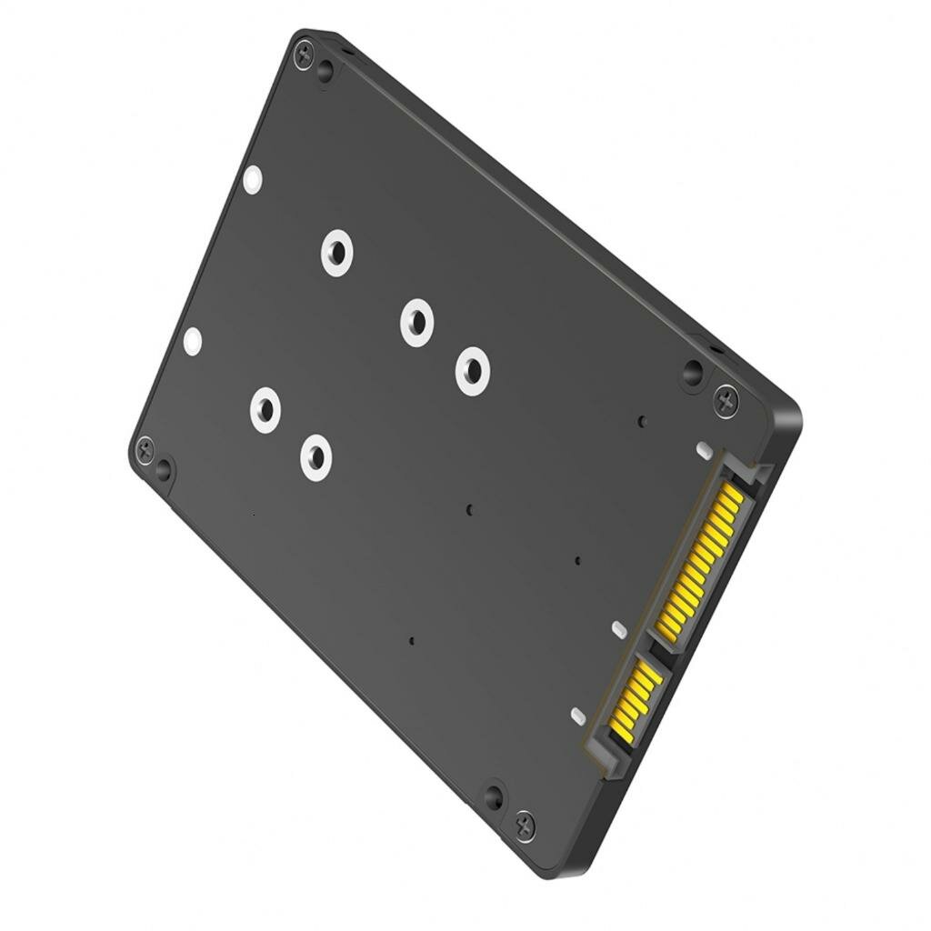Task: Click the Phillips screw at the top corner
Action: coord(304,51)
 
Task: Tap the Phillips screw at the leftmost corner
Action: coord(145,446)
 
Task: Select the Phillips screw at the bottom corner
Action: coord(525,826)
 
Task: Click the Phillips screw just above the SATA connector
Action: coord(726,400)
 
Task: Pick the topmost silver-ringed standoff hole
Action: coord(336,252)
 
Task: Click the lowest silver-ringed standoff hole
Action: coord(315,456)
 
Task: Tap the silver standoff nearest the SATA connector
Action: coord(473,371)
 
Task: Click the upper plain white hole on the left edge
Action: coord(254,179)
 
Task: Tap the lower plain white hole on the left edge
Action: coord(193,342)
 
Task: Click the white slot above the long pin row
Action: coord(702,450)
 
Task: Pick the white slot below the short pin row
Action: coord(576,716)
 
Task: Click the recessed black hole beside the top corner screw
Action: coord(325,72)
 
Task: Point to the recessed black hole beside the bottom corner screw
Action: coord(493,798)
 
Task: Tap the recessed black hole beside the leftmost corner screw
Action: coord(164,469)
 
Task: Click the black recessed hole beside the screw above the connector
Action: coord(693,372)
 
